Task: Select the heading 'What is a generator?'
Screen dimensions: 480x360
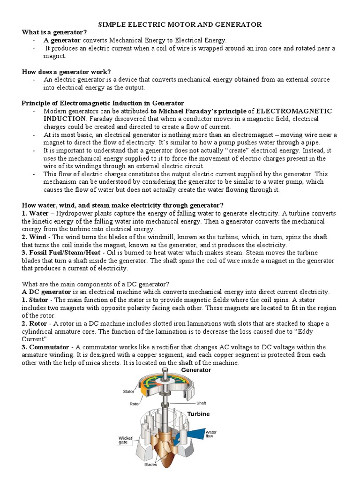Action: coord(54,32)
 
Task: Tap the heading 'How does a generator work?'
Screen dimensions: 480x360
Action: coord(66,72)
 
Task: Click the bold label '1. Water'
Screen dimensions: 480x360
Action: coord(36,213)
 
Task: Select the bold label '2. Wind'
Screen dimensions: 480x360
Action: coord(34,237)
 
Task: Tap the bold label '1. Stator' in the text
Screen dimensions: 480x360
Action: coord(35,300)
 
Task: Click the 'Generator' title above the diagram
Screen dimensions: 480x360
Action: coord(196,370)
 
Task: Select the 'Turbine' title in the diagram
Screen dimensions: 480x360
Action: coord(198,414)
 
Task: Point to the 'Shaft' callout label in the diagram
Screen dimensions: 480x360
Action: coord(201,403)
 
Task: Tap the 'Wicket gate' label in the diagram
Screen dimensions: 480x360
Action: coord(125,440)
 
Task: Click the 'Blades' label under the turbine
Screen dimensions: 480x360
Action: coord(150,465)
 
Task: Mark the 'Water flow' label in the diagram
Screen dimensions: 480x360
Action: coord(211,434)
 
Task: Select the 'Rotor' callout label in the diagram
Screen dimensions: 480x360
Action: coord(135,404)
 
